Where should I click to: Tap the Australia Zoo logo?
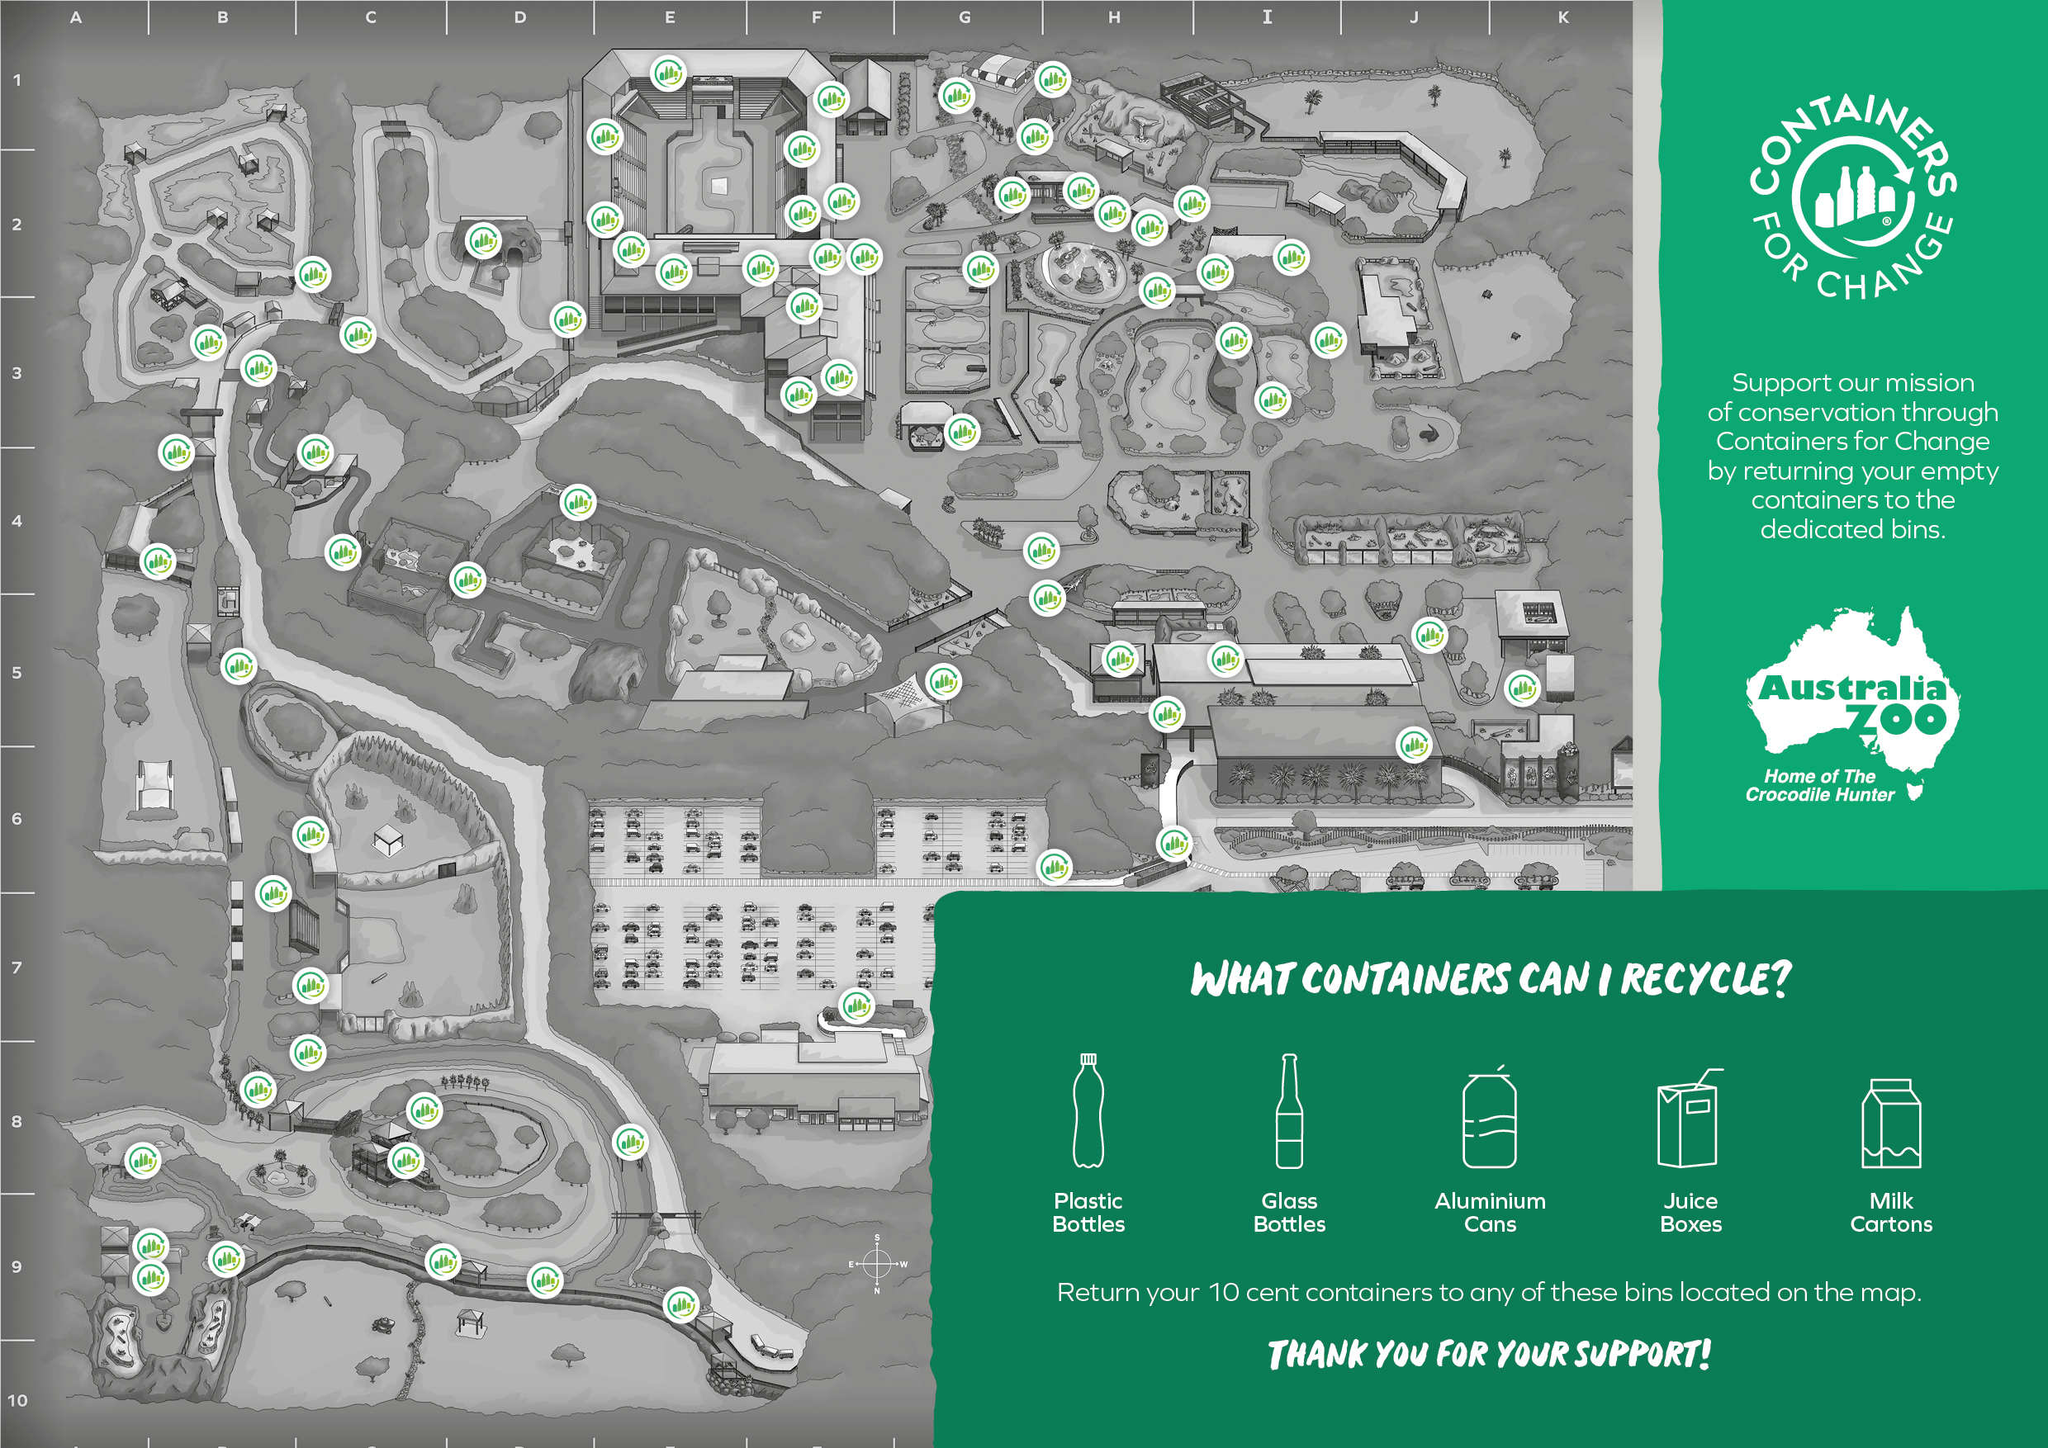click(x=1851, y=704)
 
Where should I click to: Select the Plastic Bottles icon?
click(x=1088, y=1110)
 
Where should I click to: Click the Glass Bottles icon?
click(x=1289, y=1110)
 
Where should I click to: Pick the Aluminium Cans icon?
click(x=1490, y=1116)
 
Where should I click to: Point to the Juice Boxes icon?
click(x=1690, y=1117)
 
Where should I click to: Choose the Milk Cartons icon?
click(x=1891, y=1123)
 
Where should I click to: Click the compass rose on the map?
click(x=878, y=1263)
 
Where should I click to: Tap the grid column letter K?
click(x=1562, y=17)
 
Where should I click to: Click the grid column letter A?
click(x=76, y=17)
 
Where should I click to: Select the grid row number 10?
click(x=18, y=1400)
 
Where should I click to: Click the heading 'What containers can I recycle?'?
click(x=1491, y=978)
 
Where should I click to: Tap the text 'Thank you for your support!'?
click(x=1490, y=1354)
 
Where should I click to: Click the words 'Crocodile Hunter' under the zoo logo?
click(x=1819, y=794)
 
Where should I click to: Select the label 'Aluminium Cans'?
click(x=1490, y=1212)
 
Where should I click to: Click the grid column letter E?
click(x=670, y=17)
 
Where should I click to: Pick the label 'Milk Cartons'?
click(x=1891, y=1212)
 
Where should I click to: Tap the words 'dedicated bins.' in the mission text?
click(x=1852, y=530)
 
